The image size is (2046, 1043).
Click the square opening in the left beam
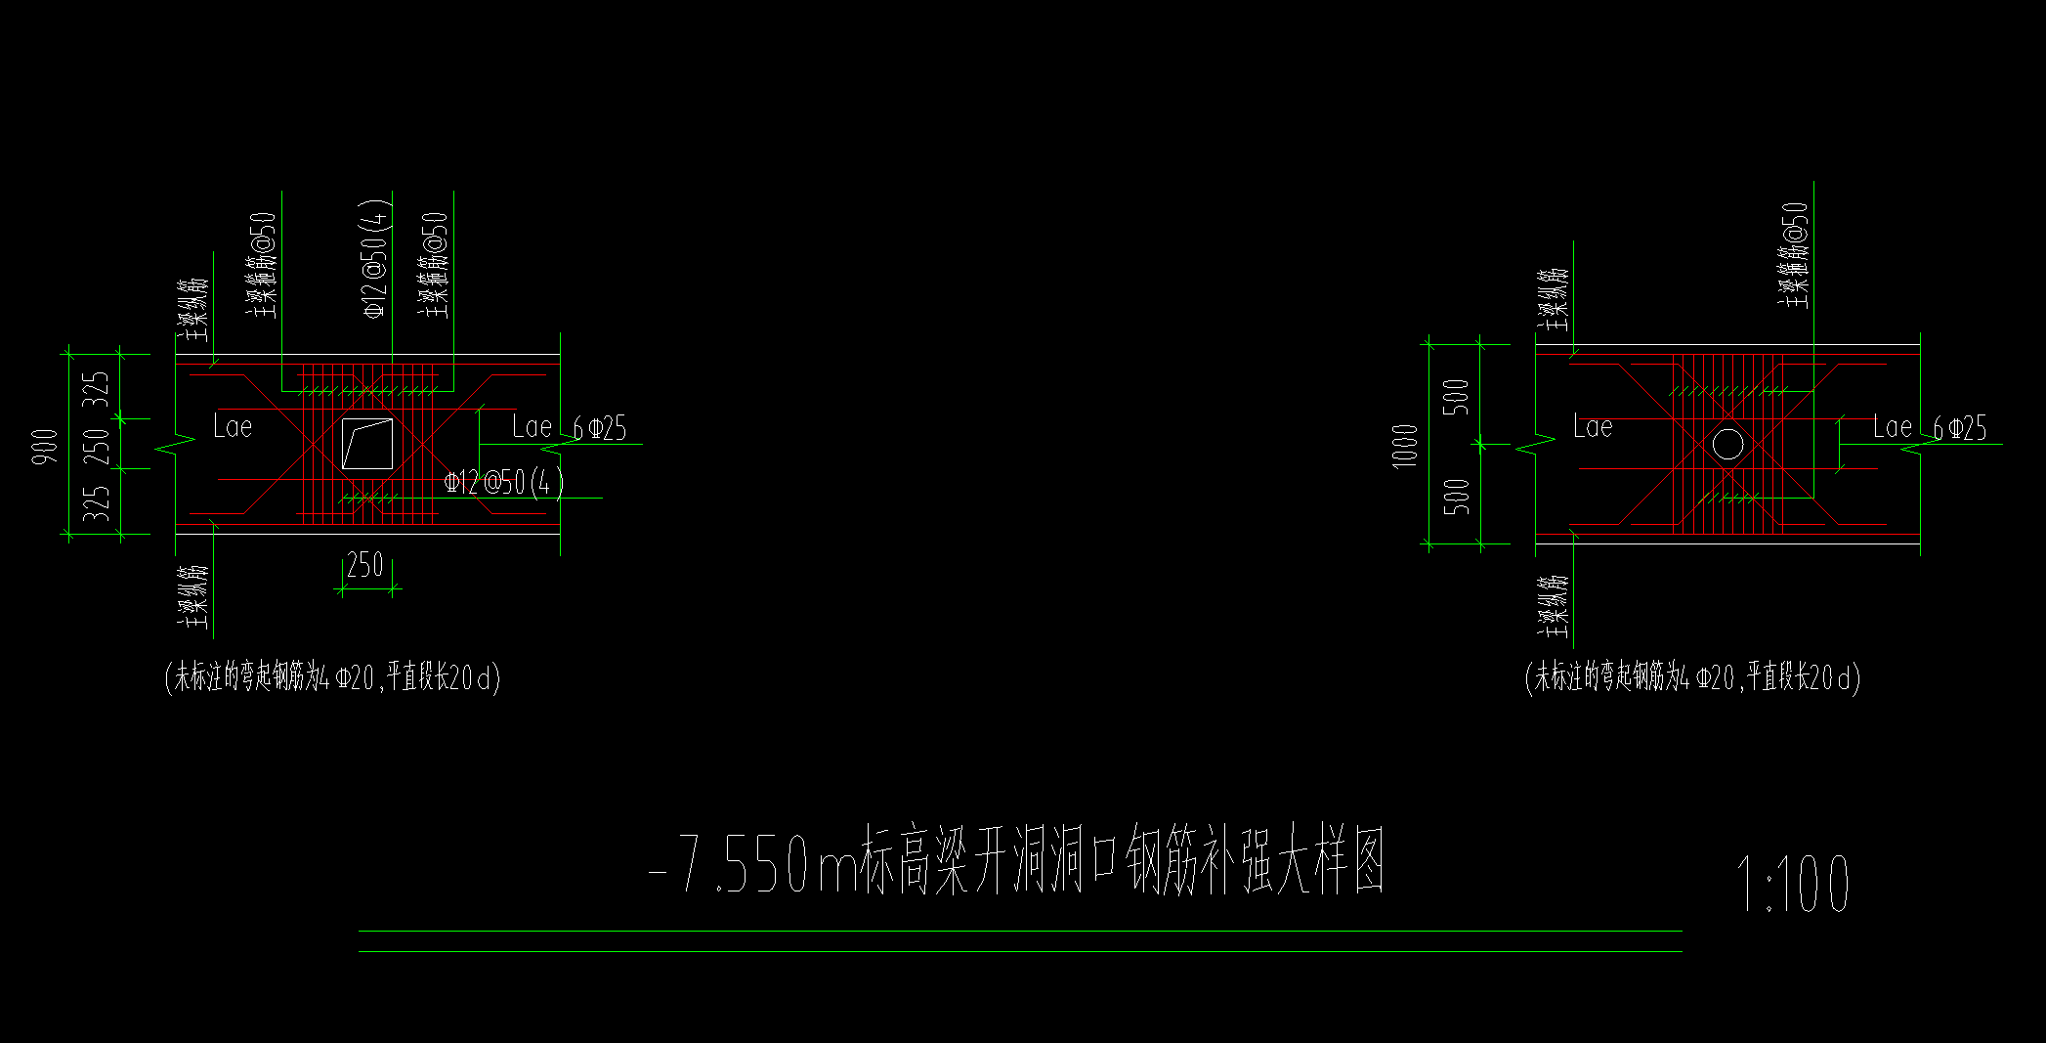pyautogui.click(x=367, y=444)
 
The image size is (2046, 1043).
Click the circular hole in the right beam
pyautogui.click(x=1727, y=443)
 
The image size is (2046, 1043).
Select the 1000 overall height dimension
pyautogui.click(x=1405, y=446)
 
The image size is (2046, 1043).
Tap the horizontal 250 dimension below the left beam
pyautogui.click(x=364, y=565)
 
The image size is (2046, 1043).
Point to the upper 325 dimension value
pyautogui.click(x=97, y=389)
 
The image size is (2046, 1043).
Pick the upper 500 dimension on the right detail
pyautogui.click(x=1456, y=397)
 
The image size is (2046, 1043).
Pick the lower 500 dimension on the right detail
pyautogui.click(x=1456, y=497)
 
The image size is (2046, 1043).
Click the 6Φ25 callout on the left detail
pyautogui.click(x=599, y=428)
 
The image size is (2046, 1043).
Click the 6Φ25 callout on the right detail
pyautogui.click(x=1959, y=428)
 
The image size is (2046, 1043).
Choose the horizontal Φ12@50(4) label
pyautogui.click(x=503, y=482)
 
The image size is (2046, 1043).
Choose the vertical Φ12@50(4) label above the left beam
pyautogui.click(x=377, y=259)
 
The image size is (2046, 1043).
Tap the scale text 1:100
pyautogui.click(x=1791, y=885)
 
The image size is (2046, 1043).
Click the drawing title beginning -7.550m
pyautogui.click(x=1016, y=862)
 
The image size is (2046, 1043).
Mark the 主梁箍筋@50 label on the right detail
pyautogui.click(x=1794, y=256)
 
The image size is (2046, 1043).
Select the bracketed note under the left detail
pyautogui.click(x=332, y=676)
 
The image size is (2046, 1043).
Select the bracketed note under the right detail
pyautogui.click(x=1692, y=676)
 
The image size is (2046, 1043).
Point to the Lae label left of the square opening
pyautogui.click(x=233, y=426)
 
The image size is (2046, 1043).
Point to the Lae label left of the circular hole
pyautogui.click(x=1593, y=426)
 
